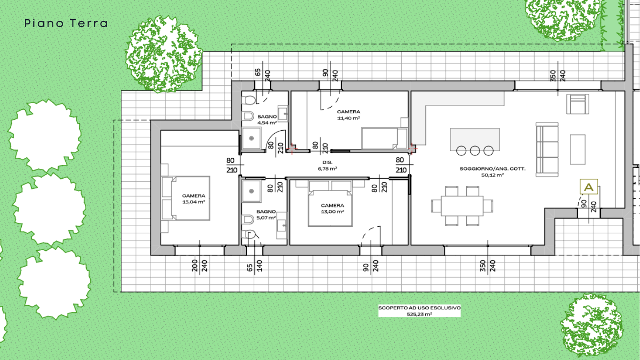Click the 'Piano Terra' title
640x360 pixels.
(66, 24)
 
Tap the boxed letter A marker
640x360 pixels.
(588, 187)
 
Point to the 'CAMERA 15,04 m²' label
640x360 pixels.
(193, 199)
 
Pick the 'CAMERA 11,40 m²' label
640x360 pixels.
(348, 115)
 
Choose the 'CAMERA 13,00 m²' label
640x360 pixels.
(332, 208)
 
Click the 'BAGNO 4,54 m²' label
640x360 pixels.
(267, 120)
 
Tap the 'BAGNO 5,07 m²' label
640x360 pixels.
(266, 215)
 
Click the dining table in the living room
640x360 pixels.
(462, 206)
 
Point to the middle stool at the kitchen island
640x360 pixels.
(475, 151)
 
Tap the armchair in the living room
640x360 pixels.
(578, 104)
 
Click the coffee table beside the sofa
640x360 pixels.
(578, 149)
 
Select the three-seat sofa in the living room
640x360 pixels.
(547, 150)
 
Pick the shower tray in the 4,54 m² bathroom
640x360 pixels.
(251, 138)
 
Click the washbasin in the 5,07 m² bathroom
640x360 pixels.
(281, 225)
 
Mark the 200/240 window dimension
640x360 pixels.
(200, 266)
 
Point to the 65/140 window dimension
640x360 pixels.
(254, 266)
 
